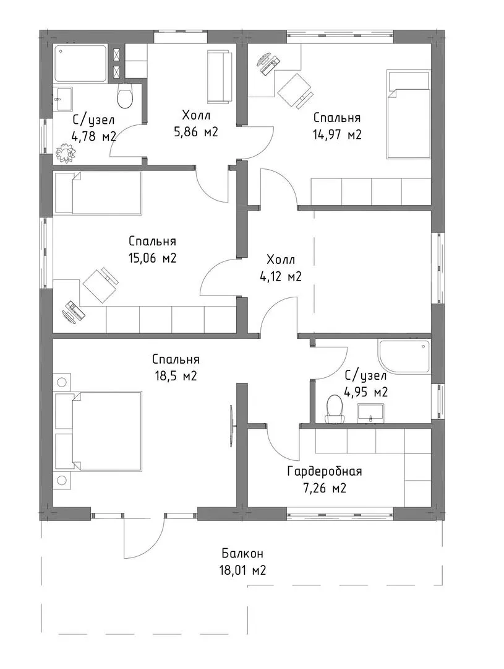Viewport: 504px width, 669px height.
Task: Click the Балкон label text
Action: [x=242, y=554]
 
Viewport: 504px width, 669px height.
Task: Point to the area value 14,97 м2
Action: [x=337, y=135]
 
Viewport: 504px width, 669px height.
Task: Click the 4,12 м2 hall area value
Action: [x=281, y=277]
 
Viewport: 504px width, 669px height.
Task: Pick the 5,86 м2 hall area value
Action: [x=196, y=132]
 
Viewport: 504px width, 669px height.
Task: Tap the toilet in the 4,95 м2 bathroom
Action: [x=334, y=409]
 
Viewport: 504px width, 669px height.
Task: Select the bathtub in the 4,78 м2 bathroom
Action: [x=80, y=64]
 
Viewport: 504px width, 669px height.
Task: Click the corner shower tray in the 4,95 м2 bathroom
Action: [x=404, y=357]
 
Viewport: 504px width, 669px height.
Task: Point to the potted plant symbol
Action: [x=66, y=152]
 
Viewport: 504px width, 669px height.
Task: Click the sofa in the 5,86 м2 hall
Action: [x=219, y=77]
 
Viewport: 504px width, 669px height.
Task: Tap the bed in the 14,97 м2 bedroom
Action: [x=408, y=115]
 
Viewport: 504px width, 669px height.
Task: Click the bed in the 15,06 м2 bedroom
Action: [x=98, y=193]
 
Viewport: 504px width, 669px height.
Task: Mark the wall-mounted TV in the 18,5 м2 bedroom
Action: [x=231, y=426]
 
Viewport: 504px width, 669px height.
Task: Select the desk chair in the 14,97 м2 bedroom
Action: [x=295, y=91]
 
